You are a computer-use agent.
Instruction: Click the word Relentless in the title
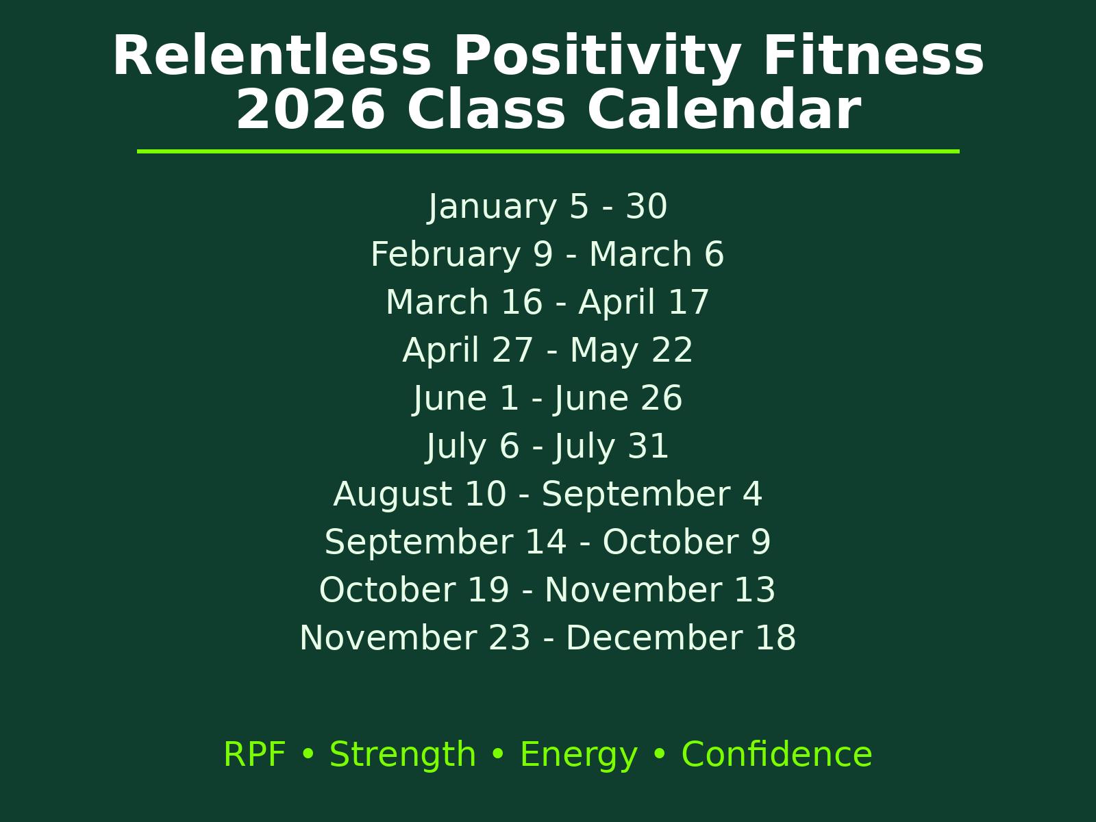pos(272,55)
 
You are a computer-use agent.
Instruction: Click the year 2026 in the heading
pos(310,110)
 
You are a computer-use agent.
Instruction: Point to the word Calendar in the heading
pos(724,108)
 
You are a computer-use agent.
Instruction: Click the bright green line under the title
pos(548,151)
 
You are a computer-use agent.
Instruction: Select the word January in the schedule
pos(493,207)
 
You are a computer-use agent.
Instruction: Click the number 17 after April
pos(688,303)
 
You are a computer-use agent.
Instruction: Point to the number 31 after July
pos(648,446)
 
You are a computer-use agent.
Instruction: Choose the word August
pos(393,495)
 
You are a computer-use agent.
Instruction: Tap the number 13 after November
pos(754,590)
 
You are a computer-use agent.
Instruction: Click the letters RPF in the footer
pos(255,754)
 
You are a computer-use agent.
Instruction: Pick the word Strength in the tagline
pos(403,755)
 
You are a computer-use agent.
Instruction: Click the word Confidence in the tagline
pos(777,754)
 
